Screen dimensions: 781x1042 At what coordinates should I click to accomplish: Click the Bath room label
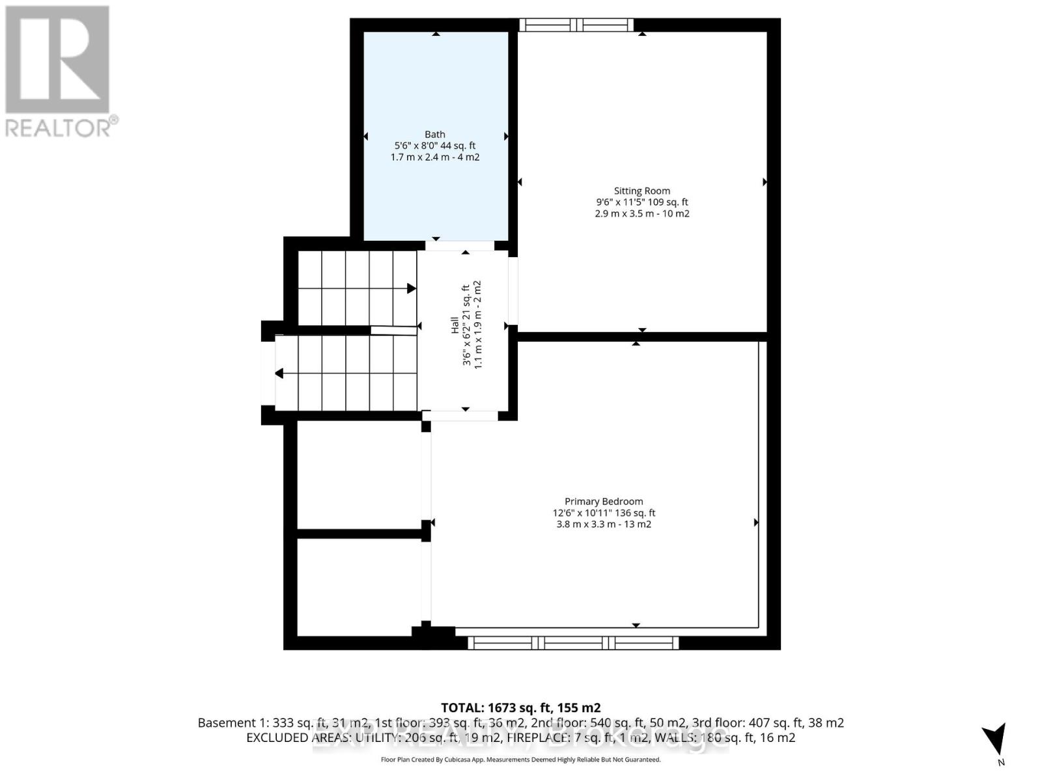click(x=435, y=135)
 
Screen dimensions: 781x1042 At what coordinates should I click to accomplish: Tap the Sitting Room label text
click(x=641, y=191)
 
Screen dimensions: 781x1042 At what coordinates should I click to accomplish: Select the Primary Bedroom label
click(x=604, y=501)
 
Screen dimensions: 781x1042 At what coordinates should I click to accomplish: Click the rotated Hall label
click(x=455, y=325)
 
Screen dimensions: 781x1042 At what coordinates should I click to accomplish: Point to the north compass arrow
click(x=995, y=739)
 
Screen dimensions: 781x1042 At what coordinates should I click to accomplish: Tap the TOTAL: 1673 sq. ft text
click(x=520, y=707)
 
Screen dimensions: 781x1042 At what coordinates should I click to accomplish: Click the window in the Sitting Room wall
click(x=576, y=25)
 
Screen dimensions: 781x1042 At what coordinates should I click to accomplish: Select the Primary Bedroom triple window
click(x=573, y=643)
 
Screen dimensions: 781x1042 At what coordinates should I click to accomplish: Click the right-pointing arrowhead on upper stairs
click(x=412, y=288)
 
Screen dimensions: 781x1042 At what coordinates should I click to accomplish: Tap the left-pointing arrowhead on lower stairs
click(x=279, y=374)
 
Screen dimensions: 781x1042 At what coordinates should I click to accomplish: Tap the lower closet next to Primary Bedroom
click(x=359, y=586)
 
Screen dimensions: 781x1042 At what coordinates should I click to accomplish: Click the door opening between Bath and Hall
click(x=460, y=245)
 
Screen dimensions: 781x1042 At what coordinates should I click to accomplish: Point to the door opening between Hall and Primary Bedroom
click(x=460, y=415)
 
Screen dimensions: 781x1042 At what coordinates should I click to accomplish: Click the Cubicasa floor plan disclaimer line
click(x=520, y=760)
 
